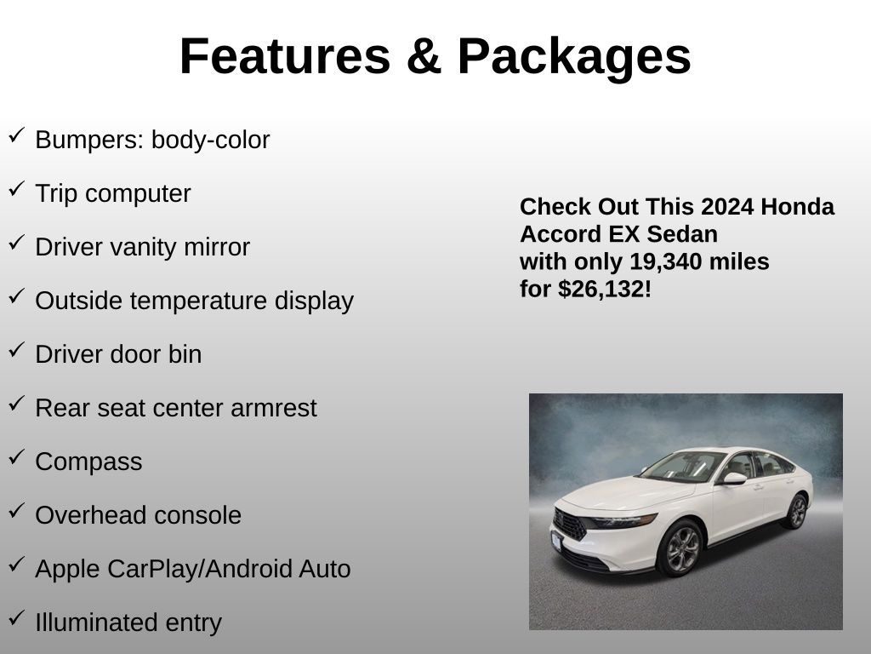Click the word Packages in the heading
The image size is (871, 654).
coord(574,59)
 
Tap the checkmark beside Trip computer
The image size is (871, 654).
coord(17,188)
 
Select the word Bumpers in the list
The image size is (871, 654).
coord(89,141)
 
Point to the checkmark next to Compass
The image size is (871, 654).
coord(17,456)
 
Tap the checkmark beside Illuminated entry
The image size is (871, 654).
coord(17,617)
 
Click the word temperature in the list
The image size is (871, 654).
coord(199,301)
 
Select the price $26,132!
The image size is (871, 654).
coord(605,290)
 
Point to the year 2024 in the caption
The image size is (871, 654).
coord(728,207)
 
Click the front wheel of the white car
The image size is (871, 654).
coord(681,548)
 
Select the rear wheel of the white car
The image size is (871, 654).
coord(796,512)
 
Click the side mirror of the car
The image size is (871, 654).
coord(733,479)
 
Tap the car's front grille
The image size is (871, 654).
coord(569,524)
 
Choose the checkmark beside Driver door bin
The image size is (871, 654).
coord(17,349)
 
